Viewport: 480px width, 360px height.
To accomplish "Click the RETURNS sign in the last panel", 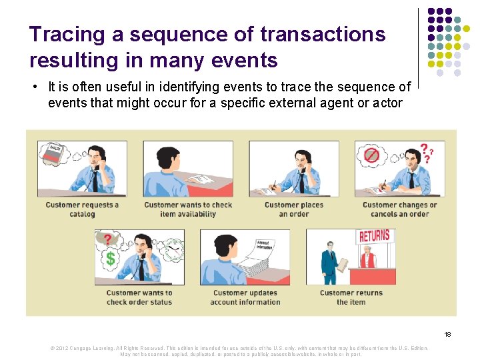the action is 374,237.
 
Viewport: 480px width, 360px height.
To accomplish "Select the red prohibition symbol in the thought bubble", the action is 371,155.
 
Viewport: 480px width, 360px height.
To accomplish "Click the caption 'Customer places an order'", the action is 293,209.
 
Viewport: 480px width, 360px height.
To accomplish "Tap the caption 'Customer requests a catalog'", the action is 82,209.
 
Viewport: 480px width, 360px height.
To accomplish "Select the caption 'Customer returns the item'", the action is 351,297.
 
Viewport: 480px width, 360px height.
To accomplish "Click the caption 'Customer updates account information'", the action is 245,297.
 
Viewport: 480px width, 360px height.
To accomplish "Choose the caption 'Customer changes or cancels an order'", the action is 399,209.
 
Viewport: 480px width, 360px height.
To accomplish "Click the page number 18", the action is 447,333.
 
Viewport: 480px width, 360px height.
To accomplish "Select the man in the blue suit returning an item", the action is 330,263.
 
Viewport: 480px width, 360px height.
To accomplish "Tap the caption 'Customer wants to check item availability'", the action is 188,209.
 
